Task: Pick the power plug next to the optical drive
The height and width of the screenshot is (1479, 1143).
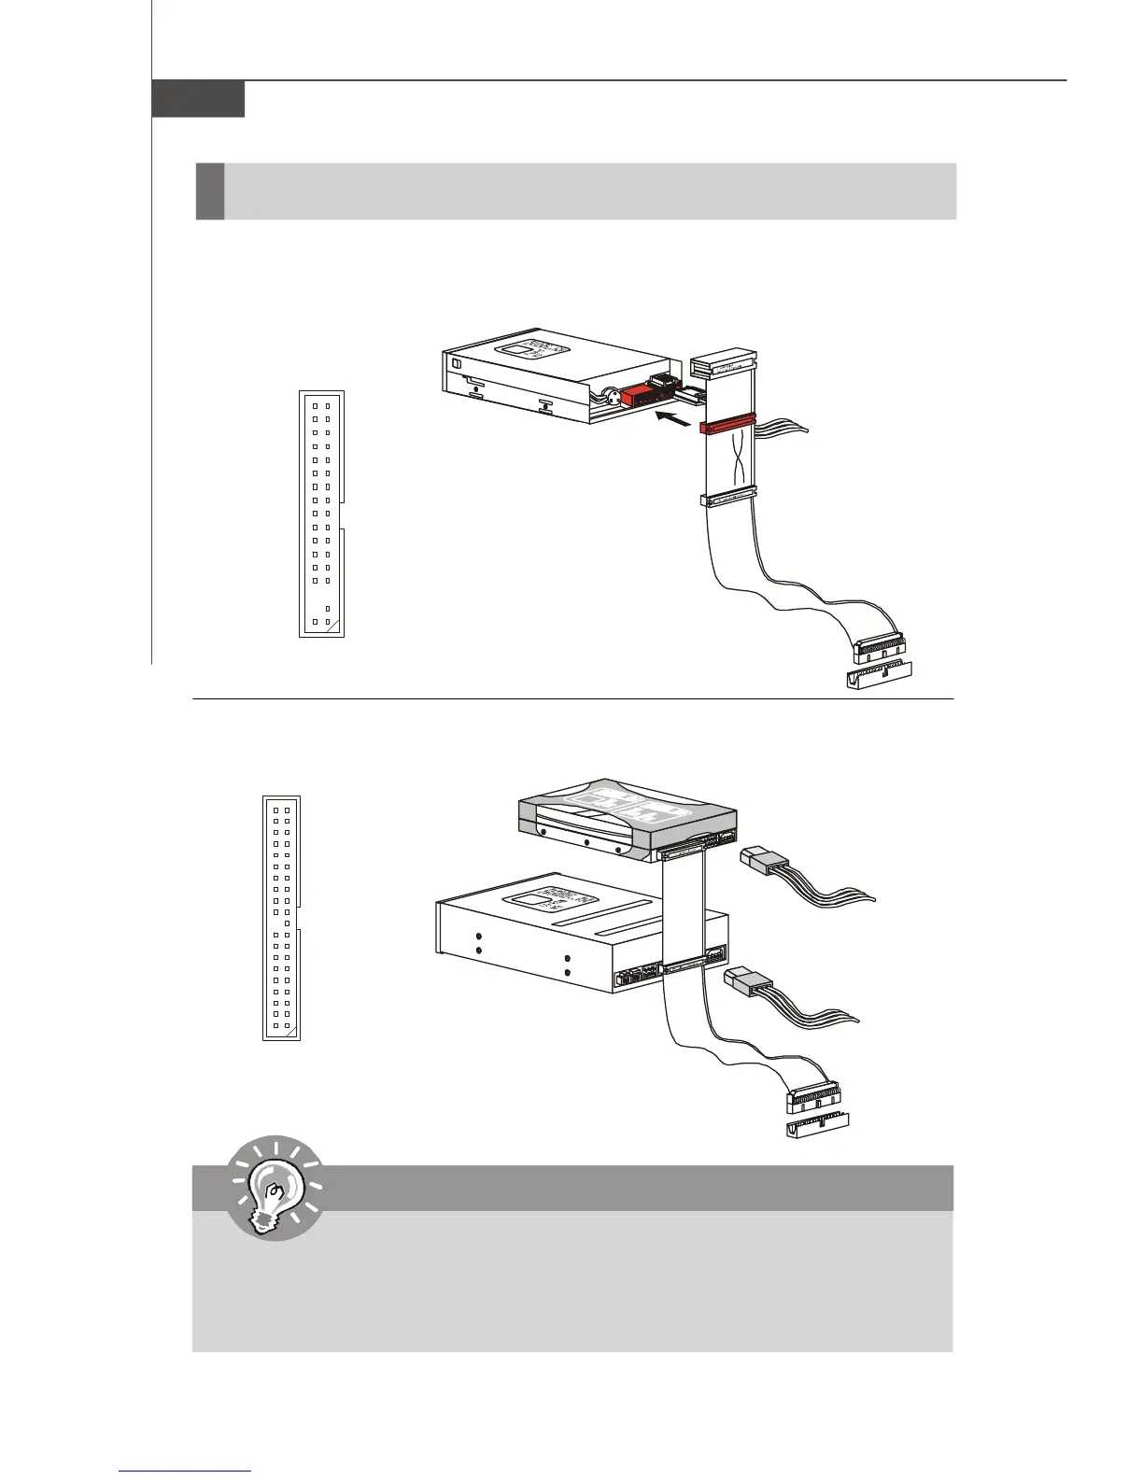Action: pos(749,982)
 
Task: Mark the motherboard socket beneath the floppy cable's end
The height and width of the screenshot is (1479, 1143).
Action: pos(880,675)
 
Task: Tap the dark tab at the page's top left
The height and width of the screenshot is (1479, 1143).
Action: pos(198,99)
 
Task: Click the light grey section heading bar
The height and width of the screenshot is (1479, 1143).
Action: pos(588,191)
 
